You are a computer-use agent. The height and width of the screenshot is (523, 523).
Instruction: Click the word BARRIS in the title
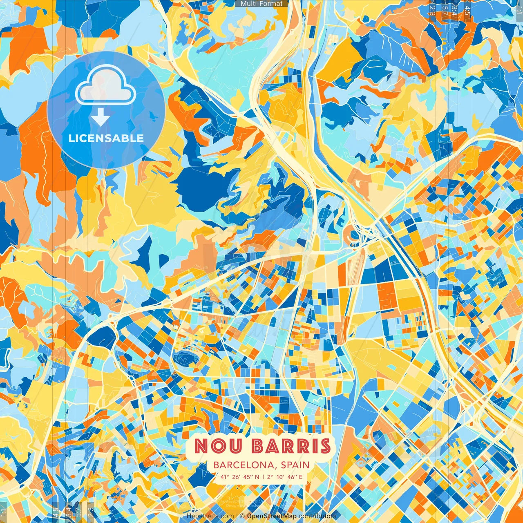pos(291,446)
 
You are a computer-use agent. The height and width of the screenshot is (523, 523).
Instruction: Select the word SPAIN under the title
pos(295,465)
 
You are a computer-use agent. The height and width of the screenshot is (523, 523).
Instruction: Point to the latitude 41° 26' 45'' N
pos(240,476)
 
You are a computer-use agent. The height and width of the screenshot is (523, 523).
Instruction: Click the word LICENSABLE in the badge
pos(106,138)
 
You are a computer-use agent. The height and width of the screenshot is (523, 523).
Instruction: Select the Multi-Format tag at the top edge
pos(261,4)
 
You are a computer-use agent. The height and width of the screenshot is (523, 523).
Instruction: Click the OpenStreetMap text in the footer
pos(272,516)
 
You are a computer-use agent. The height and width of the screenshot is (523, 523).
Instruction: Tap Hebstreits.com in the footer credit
pos(210,516)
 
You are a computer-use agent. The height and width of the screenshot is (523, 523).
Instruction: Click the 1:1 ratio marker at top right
pos(519,9)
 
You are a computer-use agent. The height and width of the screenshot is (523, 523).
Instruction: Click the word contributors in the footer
pos(317,516)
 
